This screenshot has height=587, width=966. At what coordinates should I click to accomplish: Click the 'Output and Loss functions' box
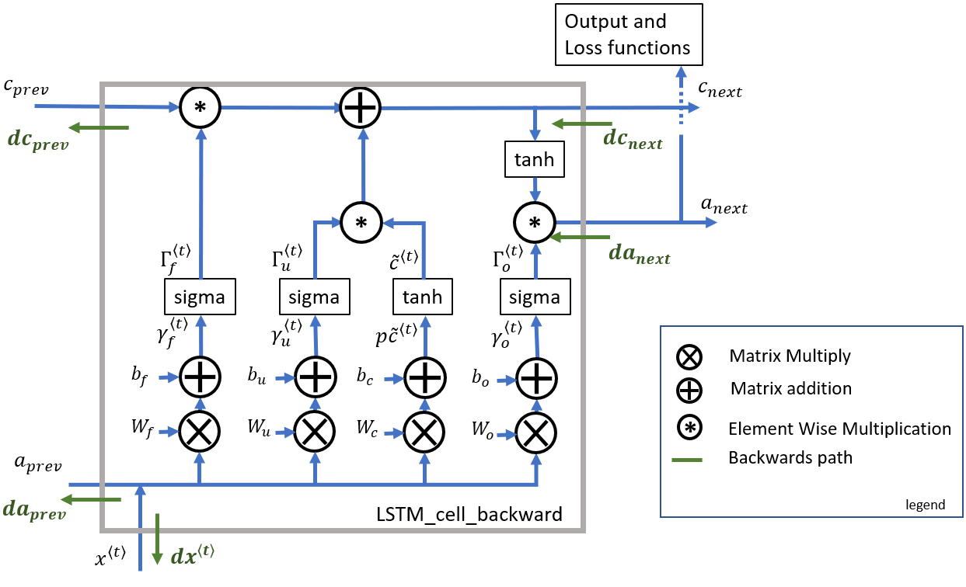(x=629, y=34)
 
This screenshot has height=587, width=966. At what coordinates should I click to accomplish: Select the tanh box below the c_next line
(x=535, y=159)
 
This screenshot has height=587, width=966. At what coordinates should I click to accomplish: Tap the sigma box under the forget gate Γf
(x=200, y=297)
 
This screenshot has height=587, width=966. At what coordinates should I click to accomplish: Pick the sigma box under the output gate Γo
(x=535, y=297)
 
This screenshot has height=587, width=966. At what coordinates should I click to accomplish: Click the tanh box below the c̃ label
(x=423, y=297)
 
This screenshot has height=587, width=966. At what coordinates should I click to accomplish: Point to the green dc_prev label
(x=38, y=141)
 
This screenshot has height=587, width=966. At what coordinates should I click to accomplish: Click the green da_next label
(x=640, y=254)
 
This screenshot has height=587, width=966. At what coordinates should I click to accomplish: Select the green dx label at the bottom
(x=192, y=555)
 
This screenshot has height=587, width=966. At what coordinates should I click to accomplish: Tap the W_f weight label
(x=142, y=429)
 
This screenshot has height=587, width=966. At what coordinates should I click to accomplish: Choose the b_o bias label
(x=480, y=377)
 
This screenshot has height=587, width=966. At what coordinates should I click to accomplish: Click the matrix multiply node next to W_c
(x=424, y=432)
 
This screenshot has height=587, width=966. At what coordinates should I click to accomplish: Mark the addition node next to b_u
(x=316, y=377)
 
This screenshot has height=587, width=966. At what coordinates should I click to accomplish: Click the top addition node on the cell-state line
(x=360, y=107)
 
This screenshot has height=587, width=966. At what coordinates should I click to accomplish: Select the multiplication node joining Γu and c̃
(x=361, y=222)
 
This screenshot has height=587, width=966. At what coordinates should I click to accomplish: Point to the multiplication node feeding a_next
(x=535, y=222)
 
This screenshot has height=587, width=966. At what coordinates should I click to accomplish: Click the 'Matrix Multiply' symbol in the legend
(x=689, y=357)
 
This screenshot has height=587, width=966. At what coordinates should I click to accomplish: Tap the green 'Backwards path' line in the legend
(x=687, y=460)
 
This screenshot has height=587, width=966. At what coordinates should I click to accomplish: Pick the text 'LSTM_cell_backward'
(x=469, y=514)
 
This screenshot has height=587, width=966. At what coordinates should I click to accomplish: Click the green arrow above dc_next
(x=582, y=124)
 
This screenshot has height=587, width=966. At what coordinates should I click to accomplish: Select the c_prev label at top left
(x=26, y=88)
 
